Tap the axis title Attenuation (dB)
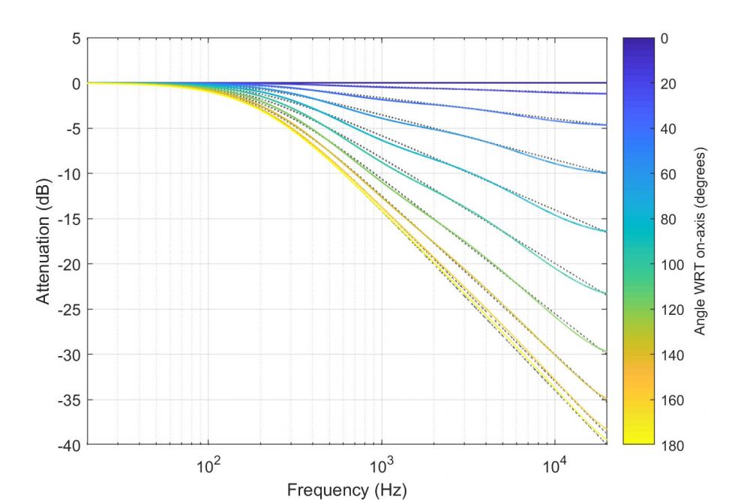pos(43,241)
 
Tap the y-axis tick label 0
pos(75,83)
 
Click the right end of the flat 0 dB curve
pos(606,82)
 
